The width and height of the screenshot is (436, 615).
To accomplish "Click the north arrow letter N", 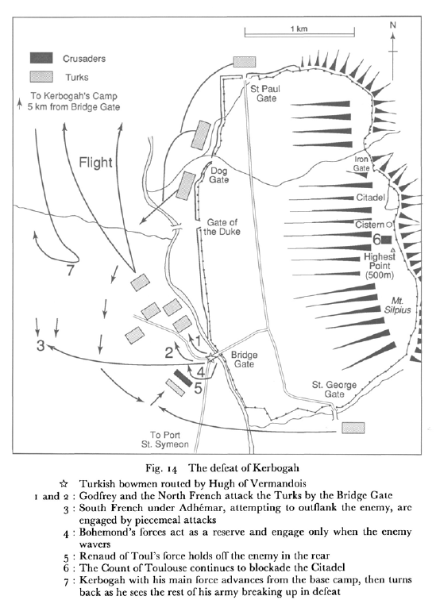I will pyautogui.click(x=392, y=25).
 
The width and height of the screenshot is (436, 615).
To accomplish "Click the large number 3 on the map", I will pyautogui.click(x=39, y=346).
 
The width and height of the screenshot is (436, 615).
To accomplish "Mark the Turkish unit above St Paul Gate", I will pyautogui.click(x=245, y=61).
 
